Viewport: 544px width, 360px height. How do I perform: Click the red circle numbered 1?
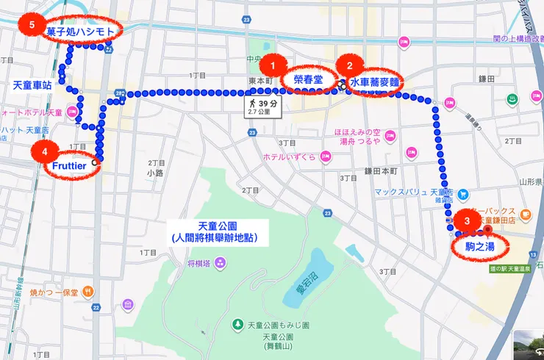pos(274,63)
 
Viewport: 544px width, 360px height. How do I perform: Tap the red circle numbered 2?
pos(350,63)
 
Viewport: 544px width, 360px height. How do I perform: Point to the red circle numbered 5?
pos(30,24)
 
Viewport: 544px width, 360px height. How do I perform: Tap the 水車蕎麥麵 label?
pos(375,83)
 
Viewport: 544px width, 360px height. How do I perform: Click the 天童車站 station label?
pos(32,85)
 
